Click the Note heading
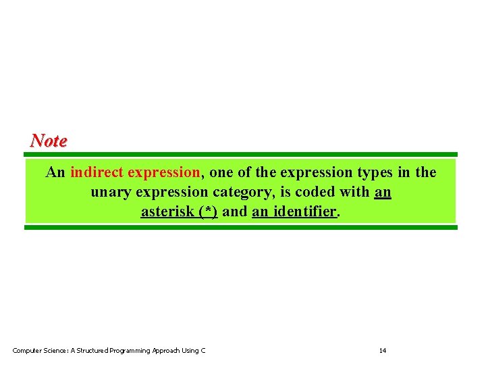tap(49, 141)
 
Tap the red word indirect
tap(97, 172)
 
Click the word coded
tap(315, 192)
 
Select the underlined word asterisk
tap(168, 212)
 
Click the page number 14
tap(383, 350)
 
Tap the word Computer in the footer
tap(27, 350)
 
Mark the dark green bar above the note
tap(241, 154)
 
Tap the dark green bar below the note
tap(241, 227)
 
